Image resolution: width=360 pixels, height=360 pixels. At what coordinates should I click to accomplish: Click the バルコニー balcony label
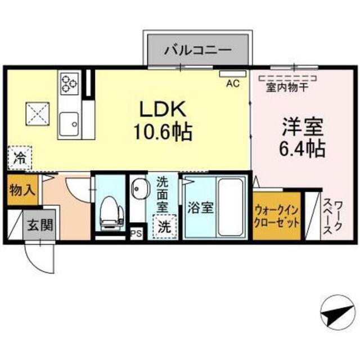pos(197,50)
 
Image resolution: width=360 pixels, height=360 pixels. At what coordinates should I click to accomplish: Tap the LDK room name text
pos(163,109)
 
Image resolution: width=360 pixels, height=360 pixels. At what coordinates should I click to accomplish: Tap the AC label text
pos(233,84)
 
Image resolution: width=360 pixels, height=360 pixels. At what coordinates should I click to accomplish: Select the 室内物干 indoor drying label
pos(287,88)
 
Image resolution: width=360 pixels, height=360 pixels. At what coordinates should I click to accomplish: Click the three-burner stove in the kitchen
pos(69,83)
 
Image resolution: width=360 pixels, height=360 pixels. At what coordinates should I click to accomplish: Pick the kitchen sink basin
pos(69,124)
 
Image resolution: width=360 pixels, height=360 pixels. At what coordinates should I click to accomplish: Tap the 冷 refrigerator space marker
pos(19,158)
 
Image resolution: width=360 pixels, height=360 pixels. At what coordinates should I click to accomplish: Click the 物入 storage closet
pos(22,190)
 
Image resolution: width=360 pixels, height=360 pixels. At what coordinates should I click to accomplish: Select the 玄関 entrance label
pos(40,225)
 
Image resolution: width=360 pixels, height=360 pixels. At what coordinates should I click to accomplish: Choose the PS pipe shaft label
pos(136,234)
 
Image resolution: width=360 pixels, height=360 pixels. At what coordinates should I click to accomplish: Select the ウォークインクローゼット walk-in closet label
pos(277,217)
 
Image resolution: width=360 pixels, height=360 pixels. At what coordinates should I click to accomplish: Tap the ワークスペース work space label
pos(332,217)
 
